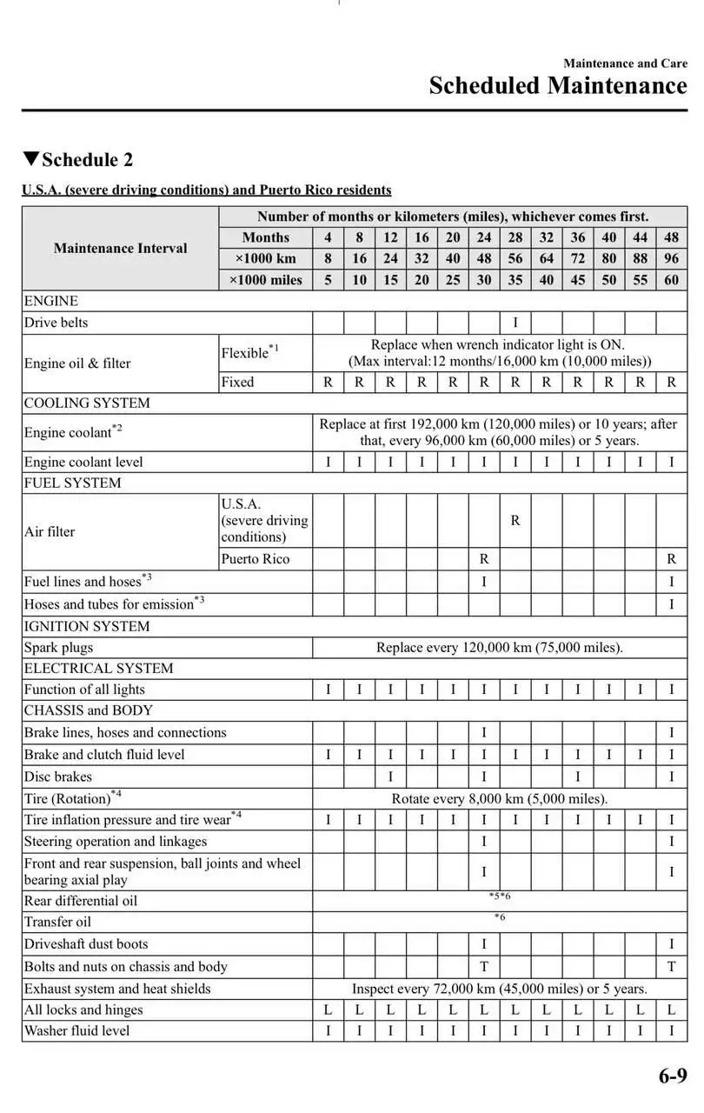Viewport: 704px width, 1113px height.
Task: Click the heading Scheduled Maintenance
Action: coord(557,86)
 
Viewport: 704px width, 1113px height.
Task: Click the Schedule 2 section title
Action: coord(87,160)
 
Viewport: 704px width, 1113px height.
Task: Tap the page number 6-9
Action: coord(672,1076)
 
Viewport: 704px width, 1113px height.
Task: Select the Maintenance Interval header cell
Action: coord(120,248)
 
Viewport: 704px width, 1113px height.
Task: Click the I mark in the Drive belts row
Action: coord(515,323)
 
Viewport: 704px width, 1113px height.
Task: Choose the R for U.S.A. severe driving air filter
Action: coord(515,521)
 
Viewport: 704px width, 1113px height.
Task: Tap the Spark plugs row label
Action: coord(58,648)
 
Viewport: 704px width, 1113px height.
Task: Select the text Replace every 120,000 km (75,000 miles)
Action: coord(499,648)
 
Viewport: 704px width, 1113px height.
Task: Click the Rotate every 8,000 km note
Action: coord(499,798)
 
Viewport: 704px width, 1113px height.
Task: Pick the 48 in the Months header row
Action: coord(671,237)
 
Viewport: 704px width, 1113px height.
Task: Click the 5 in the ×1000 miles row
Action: coord(328,280)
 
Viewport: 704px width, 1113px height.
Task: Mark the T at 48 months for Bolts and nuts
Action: coord(671,966)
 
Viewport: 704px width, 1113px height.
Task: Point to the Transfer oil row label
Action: coord(57,922)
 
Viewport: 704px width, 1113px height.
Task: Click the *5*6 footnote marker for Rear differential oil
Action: coord(499,896)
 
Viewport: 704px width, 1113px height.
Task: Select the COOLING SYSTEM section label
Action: coord(87,403)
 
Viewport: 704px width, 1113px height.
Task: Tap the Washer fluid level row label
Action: coord(76,1030)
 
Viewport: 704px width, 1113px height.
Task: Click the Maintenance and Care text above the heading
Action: coord(624,63)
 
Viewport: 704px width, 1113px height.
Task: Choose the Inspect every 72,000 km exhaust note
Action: coord(499,989)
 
